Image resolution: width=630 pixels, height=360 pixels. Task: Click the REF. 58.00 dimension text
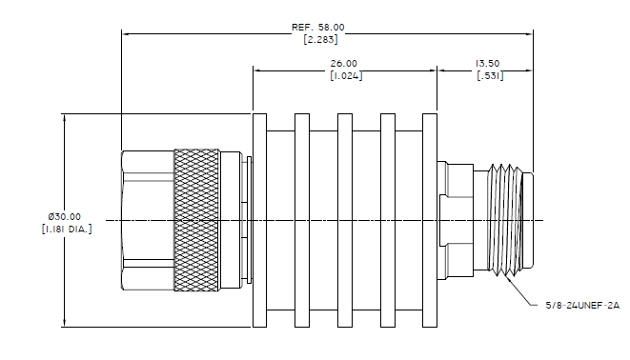[317, 28]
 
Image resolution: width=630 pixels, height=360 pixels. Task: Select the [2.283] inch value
[320, 39]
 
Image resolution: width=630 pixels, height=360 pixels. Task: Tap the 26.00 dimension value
[343, 64]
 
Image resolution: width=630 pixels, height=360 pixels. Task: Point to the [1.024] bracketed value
[346, 75]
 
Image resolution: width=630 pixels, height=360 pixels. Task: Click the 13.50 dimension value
[487, 64]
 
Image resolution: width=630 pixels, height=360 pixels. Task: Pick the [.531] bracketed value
[490, 75]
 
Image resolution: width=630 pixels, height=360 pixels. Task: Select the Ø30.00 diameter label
[64, 217]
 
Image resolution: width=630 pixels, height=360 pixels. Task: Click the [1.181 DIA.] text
[67, 230]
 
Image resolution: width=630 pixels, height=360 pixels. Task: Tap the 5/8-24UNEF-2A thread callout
[582, 306]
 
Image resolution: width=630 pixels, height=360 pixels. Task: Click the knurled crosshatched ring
[196, 220]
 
